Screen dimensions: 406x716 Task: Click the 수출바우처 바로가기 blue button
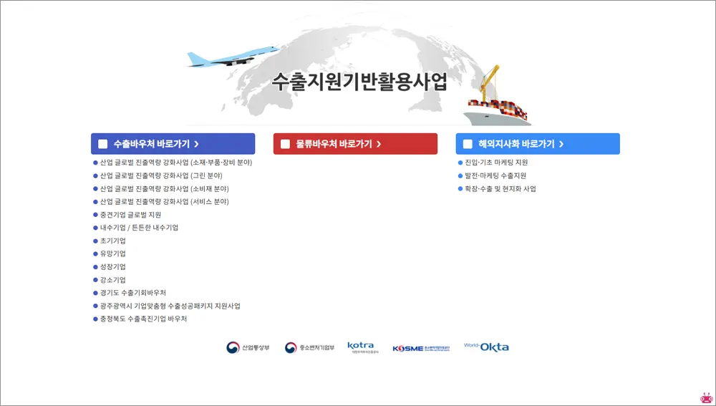(173, 144)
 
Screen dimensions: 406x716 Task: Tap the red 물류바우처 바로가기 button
(355, 144)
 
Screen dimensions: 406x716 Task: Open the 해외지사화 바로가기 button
(538, 144)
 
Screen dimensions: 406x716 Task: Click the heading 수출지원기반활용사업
(359, 82)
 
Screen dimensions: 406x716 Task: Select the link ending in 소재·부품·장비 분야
(175, 163)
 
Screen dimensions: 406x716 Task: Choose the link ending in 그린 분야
(161, 175)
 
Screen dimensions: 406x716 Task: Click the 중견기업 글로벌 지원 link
(130, 215)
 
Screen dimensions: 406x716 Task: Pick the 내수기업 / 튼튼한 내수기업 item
(139, 228)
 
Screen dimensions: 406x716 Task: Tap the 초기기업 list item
(113, 241)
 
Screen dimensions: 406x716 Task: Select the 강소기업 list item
(113, 280)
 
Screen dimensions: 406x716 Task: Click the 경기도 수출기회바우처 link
(133, 293)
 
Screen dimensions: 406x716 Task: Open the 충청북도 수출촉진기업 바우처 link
(143, 319)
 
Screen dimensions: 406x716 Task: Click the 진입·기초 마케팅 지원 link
(496, 163)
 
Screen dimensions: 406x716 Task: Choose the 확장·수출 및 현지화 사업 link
(500, 189)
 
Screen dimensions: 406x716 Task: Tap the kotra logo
(361, 348)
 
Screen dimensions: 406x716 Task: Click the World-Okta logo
(486, 347)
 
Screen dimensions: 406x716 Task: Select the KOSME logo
(421, 349)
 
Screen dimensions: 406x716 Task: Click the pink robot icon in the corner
(707, 397)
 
